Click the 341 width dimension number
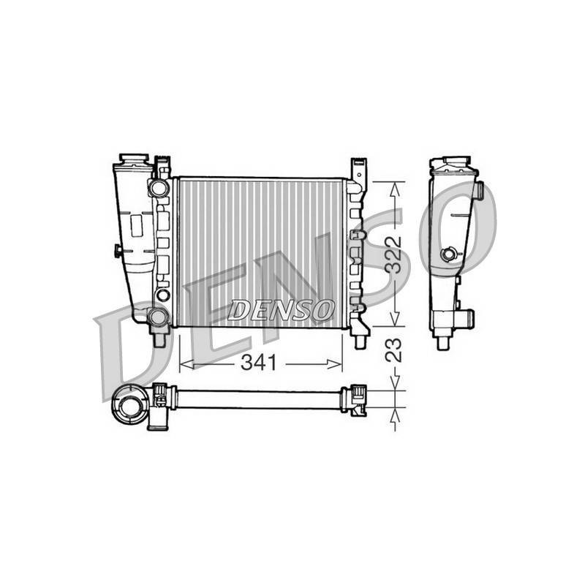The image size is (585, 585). (x=259, y=363)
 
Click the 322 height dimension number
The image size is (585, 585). (x=393, y=255)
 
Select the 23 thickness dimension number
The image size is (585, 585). (x=393, y=350)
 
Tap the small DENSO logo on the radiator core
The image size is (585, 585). (x=281, y=310)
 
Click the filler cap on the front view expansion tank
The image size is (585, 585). (x=135, y=159)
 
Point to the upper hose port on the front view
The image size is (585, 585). (x=159, y=188)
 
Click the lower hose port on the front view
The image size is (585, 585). (x=158, y=317)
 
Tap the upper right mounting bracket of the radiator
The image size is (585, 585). (x=358, y=171)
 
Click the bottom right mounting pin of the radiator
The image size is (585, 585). (x=360, y=342)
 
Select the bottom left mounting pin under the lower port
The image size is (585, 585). (x=159, y=339)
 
